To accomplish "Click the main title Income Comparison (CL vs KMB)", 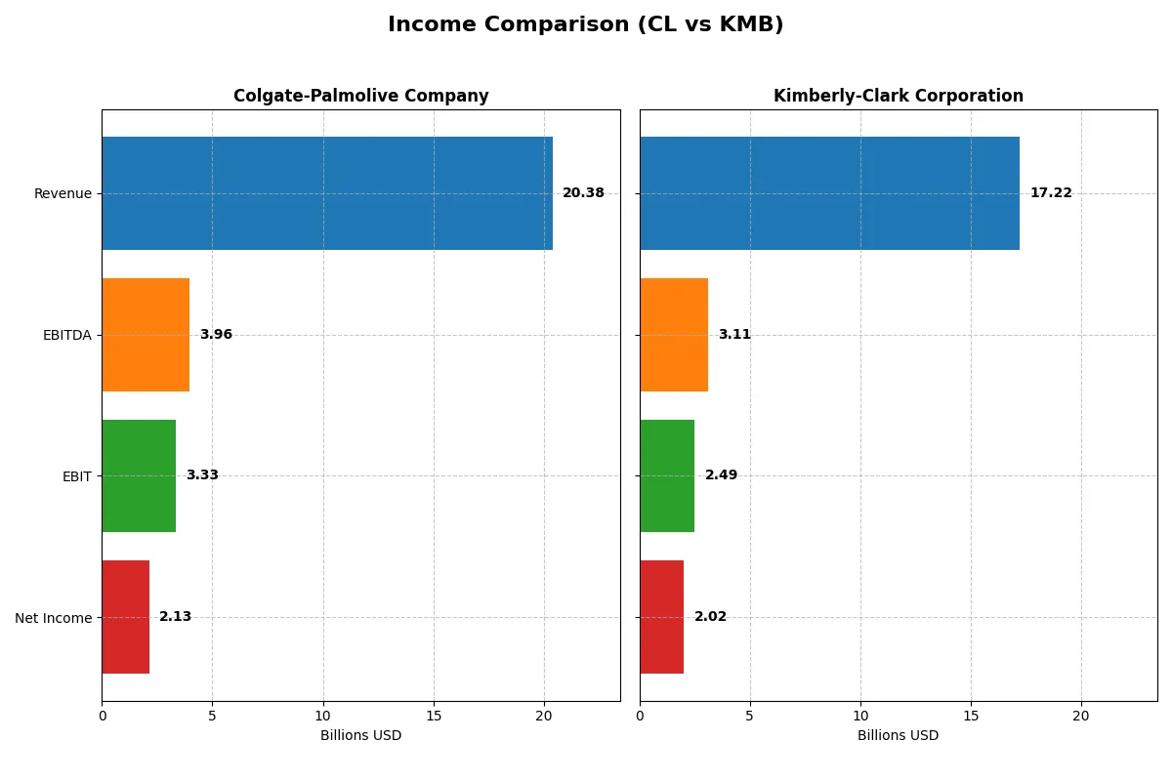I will pyautogui.click(x=585, y=24).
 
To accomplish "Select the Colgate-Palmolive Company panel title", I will pyautogui.click(x=360, y=96).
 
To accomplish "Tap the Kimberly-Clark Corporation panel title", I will pyautogui.click(x=898, y=96).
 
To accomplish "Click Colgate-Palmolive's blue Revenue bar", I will pyautogui.click(x=327, y=193).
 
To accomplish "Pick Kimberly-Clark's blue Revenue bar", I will pyautogui.click(x=829, y=193).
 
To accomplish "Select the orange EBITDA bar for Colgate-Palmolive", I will pyautogui.click(x=146, y=335).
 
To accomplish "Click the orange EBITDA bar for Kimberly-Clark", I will pyautogui.click(x=674, y=335).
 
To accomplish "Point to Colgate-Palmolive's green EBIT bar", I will pyautogui.click(x=139, y=475).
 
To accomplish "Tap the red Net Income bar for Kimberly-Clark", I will pyautogui.click(x=661, y=617).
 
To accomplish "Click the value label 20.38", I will pyautogui.click(x=583, y=193).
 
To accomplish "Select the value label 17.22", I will pyautogui.click(x=1051, y=193).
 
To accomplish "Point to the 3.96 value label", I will pyautogui.click(x=216, y=335).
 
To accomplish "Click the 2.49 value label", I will pyautogui.click(x=721, y=475).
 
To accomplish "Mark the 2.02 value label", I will pyautogui.click(x=710, y=617).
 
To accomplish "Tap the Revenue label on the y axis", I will pyautogui.click(x=63, y=193).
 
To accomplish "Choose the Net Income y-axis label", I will pyautogui.click(x=54, y=618).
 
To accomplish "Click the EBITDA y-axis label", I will pyautogui.click(x=67, y=335).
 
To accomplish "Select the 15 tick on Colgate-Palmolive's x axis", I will pyautogui.click(x=434, y=716).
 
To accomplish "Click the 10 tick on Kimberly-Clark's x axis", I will pyautogui.click(x=860, y=716).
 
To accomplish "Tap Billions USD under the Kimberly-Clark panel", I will pyautogui.click(x=898, y=735).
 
